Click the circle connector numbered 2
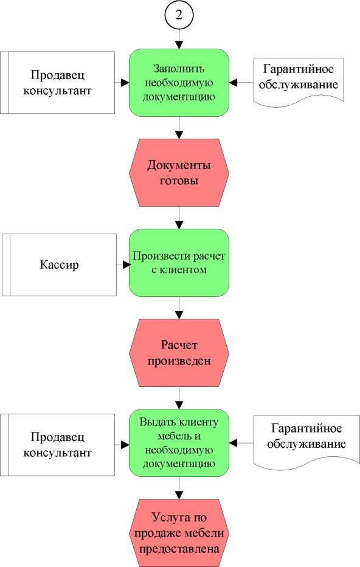(x=179, y=15)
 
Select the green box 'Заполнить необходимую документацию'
(x=179, y=83)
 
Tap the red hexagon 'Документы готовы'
(x=179, y=173)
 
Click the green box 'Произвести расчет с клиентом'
(x=179, y=263)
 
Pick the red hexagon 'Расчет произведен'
(x=179, y=353)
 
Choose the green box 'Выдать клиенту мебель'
(x=179, y=443)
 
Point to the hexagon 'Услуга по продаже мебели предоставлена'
(x=179, y=533)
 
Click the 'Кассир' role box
(x=59, y=265)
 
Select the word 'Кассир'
(x=59, y=265)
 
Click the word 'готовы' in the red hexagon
(x=179, y=181)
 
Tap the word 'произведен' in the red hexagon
(x=179, y=361)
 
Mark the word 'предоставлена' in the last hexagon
(x=179, y=549)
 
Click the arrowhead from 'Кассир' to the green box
(x=126, y=265)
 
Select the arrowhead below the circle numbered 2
(x=179, y=46)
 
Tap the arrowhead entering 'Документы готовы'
(x=179, y=135)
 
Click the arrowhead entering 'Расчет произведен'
(x=179, y=315)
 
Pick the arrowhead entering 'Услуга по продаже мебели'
(x=179, y=495)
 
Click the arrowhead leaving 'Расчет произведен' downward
(x=179, y=405)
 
